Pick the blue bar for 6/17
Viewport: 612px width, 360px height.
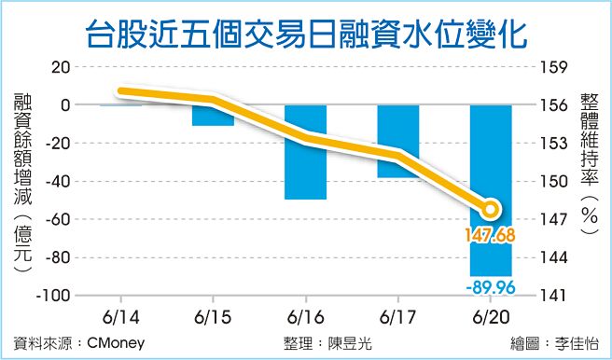tap(398, 141)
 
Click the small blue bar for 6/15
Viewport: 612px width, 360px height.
tap(213, 115)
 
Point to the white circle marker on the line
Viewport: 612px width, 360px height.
tap(492, 208)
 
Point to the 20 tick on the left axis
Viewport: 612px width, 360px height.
tap(62, 67)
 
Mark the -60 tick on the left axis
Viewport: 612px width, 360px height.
tap(58, 219)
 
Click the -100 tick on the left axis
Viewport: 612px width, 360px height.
tap(54, 295)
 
